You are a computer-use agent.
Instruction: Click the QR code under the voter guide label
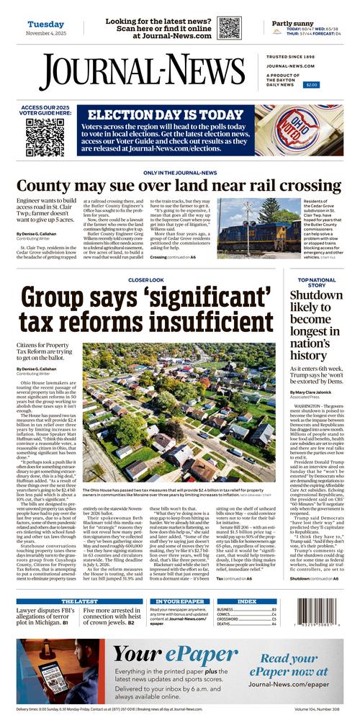(45, 137)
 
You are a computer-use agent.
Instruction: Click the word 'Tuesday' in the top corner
(46, 24)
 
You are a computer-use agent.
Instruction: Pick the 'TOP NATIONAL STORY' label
(316, 282)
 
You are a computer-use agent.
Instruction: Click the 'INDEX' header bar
(246, 601)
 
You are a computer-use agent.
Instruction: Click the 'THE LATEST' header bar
(78, 601)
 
